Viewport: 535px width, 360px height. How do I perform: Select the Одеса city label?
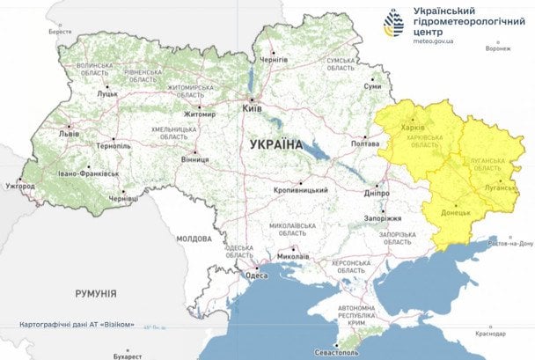click(256, 276)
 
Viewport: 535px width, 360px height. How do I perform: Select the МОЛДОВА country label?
click(194, 239)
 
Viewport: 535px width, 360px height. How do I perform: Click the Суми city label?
click(373, 87)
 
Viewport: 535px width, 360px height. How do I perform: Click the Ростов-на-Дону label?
click(510, 243)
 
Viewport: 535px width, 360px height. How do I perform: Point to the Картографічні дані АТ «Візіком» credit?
click(77, 325)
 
